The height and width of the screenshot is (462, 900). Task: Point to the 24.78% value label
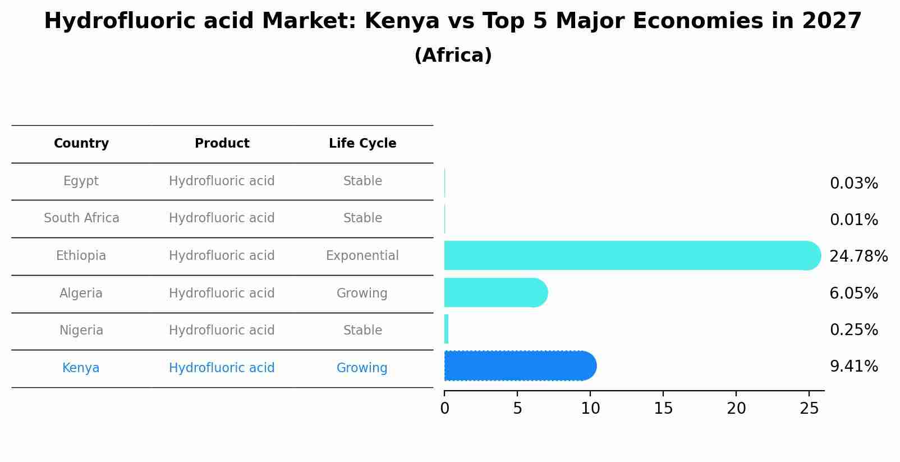(858, 257)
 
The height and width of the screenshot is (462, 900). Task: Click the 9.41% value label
(853, 367)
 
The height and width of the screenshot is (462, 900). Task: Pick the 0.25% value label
(853, 330)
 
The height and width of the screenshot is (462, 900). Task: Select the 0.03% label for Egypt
(853, 184)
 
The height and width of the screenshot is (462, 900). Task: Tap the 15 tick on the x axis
(663, 409)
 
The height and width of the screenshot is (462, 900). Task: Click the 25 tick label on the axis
(809, 409)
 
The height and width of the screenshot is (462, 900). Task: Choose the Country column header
(81, 144)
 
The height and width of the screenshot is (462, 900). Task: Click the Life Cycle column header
(362, 144)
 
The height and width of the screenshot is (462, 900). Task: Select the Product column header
(222, 144)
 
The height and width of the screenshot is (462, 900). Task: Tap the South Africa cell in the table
(81, 218)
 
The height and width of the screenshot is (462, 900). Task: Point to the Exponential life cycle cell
(362, 256)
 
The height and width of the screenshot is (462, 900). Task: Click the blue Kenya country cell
(81, 368)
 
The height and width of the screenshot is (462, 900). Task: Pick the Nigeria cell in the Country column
(81, 331)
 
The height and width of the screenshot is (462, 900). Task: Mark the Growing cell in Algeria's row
(362, 293)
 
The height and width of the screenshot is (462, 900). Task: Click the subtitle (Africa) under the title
(453, 56)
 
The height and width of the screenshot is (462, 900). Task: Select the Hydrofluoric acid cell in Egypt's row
(222, 181)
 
